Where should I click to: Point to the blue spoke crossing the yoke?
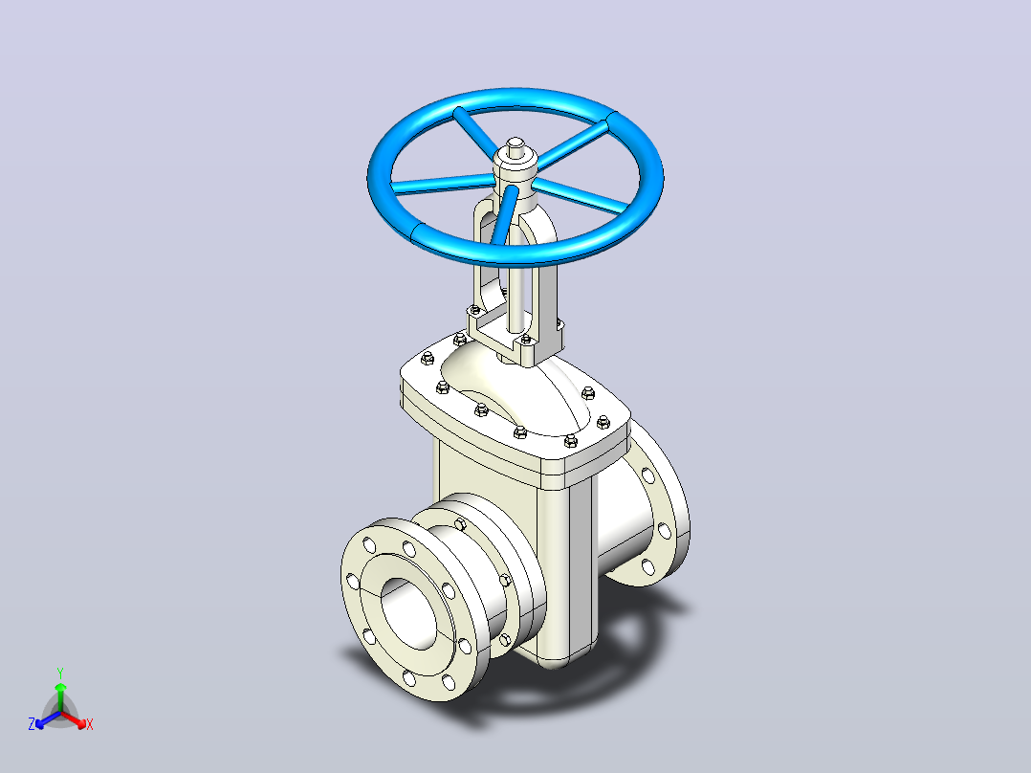point(504,217)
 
